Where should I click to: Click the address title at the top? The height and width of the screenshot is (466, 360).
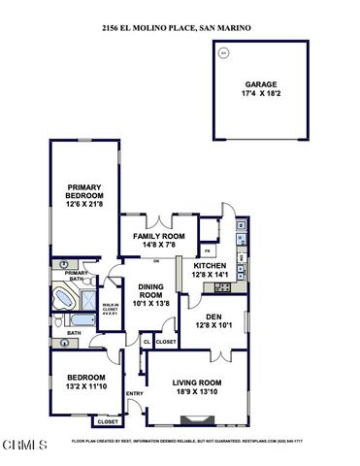click(180, 30)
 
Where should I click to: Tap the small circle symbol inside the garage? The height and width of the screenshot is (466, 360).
click(223, 53)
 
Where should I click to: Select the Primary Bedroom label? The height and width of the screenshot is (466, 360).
click(84, 191)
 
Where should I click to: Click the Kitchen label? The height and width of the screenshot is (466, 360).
click(210, 266)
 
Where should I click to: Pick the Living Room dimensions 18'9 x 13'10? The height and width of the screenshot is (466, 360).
click(197, 391)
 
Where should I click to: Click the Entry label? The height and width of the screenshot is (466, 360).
click(134, 393)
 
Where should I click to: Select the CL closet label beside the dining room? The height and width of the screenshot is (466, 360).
click(146, 342)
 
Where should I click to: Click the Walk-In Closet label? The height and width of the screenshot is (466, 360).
click(110, 309)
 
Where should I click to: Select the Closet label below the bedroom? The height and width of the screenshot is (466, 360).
click(108, 422)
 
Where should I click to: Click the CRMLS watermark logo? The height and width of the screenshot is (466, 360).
click(25, 446)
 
